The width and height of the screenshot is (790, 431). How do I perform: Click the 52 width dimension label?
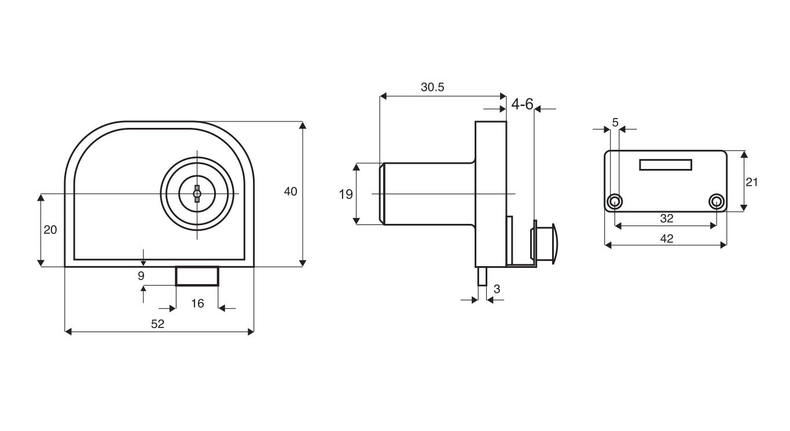157,324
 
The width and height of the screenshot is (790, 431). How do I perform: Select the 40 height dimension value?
291,191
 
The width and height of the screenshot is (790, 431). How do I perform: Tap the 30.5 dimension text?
432,87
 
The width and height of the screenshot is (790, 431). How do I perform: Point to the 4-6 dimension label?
522,104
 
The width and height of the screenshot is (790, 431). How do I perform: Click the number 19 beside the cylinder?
346,194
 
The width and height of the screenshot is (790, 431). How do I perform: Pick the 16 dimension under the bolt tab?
197,303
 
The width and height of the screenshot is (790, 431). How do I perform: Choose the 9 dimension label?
141,275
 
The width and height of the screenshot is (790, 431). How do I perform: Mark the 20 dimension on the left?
50,230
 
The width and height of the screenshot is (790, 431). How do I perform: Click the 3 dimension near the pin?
497,289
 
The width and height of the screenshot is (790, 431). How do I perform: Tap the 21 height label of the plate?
752,182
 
